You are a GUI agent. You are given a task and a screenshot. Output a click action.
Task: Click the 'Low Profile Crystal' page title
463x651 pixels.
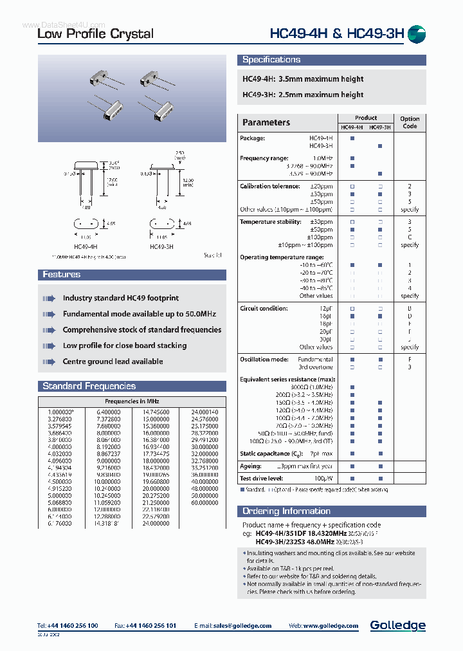pyautogui.click(x=95, y=34)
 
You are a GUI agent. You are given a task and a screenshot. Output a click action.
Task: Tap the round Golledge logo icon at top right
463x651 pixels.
pyautogui.click(x=417, y=34)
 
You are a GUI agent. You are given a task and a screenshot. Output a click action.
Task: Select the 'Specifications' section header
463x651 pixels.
pyautogui.click(x=271, y=60)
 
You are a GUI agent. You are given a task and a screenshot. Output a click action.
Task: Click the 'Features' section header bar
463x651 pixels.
pyautogui.click(x=61, y=275)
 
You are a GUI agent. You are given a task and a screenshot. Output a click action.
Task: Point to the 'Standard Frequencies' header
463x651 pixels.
pyautogui.click(x=89, y=387)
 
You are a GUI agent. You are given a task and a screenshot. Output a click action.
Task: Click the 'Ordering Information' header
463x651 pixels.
pyautogui.click(x=286, y=511)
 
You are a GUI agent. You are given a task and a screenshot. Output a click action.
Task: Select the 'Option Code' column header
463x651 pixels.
pyautogui.click(x=409, y=122)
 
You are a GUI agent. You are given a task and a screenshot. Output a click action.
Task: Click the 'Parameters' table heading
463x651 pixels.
pyautogui.click(x=266, y=122)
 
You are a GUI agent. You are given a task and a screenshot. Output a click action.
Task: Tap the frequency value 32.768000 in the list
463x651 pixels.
pyautogui.click(x=204, y=461)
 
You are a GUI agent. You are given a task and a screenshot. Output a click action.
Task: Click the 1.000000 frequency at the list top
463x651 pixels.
pyautogui.click(x=61, y=412)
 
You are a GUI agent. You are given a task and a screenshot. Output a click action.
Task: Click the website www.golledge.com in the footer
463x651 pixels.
pyautogui.click(x=332, y=626)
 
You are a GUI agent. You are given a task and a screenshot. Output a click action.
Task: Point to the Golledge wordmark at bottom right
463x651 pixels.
pyautogui.click(x=397, y=625)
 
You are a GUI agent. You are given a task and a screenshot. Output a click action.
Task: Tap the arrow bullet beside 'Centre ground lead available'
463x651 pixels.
pyautogui.click(x=49, y=362)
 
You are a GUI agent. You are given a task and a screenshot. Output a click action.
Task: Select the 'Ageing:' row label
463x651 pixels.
pyautogui.click(x=251, y=466)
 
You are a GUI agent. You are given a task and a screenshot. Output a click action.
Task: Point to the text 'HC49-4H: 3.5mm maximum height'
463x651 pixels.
pyautogui.click(x=303, y=79)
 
